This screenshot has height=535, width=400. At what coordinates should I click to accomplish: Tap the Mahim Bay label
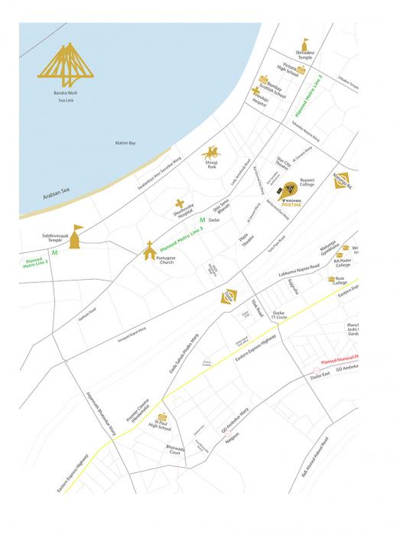(x=125, y=143)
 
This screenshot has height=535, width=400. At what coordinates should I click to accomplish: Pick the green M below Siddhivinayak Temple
(x=54, y=251)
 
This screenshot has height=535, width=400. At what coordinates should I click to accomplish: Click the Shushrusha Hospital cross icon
(x=180, y=205)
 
